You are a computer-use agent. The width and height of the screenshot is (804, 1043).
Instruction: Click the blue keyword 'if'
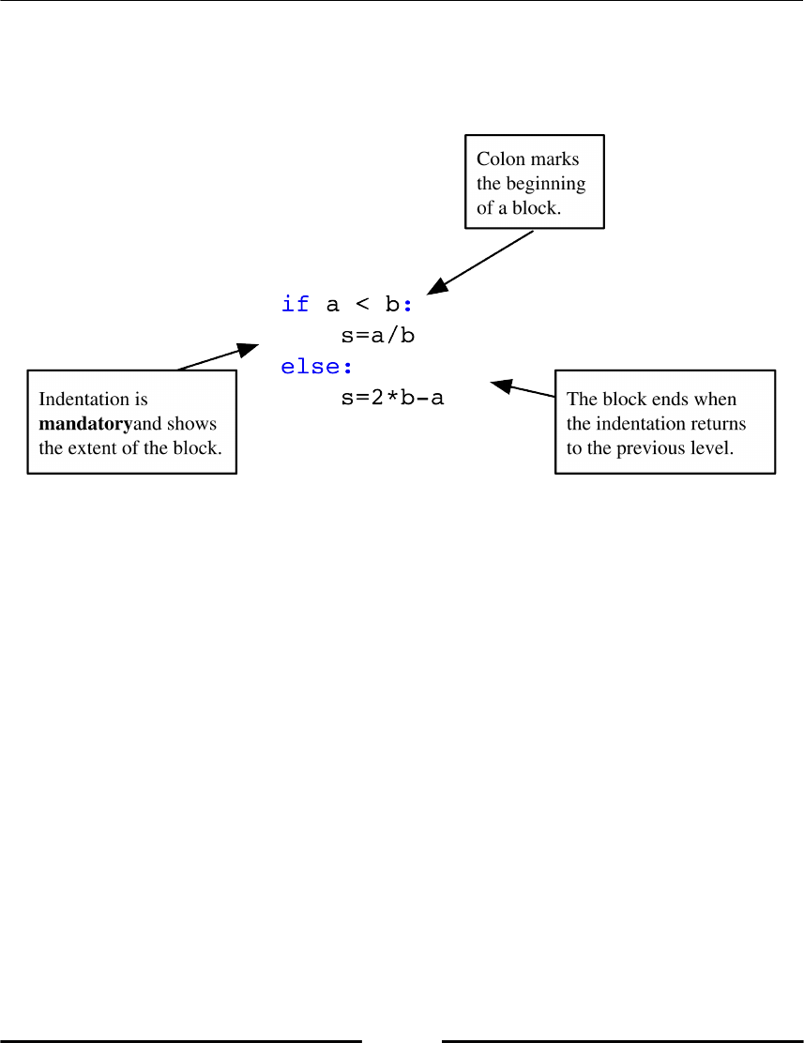[296, 304]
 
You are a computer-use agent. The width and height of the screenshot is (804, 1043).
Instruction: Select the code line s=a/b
[378, 336]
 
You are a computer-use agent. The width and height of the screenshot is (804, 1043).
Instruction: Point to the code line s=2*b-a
[392, 399]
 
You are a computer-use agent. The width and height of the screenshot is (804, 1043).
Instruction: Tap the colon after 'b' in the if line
[407, 305]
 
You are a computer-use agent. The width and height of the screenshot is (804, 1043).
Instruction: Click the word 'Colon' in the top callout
[501, 159]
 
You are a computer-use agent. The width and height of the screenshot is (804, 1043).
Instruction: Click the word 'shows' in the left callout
[195, 424]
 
